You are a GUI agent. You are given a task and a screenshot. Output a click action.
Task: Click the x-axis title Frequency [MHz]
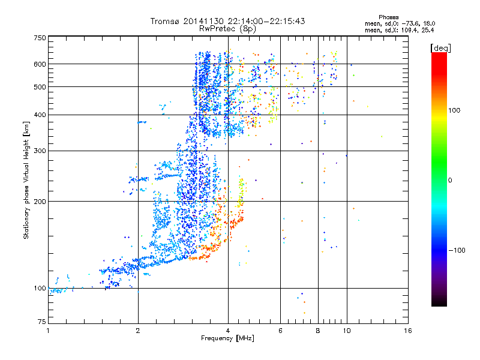227,338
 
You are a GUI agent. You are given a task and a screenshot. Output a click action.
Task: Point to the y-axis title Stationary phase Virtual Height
26,181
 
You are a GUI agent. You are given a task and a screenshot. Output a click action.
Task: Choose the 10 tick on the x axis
347,331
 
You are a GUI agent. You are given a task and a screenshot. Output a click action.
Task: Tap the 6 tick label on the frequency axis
281,331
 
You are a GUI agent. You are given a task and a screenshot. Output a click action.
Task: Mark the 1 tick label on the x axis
48,331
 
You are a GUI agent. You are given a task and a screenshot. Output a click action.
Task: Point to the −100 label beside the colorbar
457,250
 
